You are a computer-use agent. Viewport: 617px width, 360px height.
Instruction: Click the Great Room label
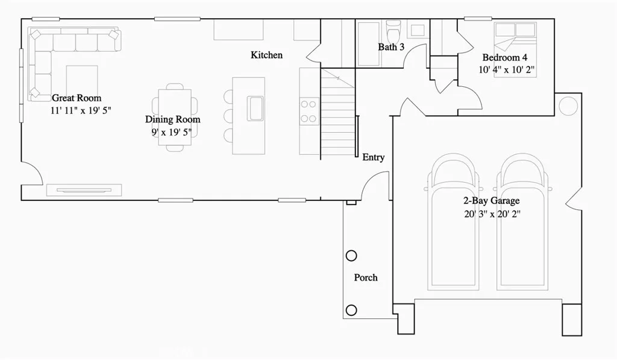pos(77,98)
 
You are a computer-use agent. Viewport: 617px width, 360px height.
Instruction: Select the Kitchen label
pos(266,55)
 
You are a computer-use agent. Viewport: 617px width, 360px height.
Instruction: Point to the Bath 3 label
pos(391,46)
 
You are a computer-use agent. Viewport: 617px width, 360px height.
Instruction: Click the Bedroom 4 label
pos(505,58)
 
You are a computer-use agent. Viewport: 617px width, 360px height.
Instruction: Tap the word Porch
pos(366,277)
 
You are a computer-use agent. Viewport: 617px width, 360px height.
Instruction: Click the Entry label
pos(373,157)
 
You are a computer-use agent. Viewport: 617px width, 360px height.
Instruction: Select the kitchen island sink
pos(255,109)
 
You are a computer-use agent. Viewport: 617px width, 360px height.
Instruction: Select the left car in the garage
pos(454,223)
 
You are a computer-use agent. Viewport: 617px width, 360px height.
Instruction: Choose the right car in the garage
pos(524,223)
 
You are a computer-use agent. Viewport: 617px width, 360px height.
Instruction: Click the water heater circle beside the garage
pos(568,106)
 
